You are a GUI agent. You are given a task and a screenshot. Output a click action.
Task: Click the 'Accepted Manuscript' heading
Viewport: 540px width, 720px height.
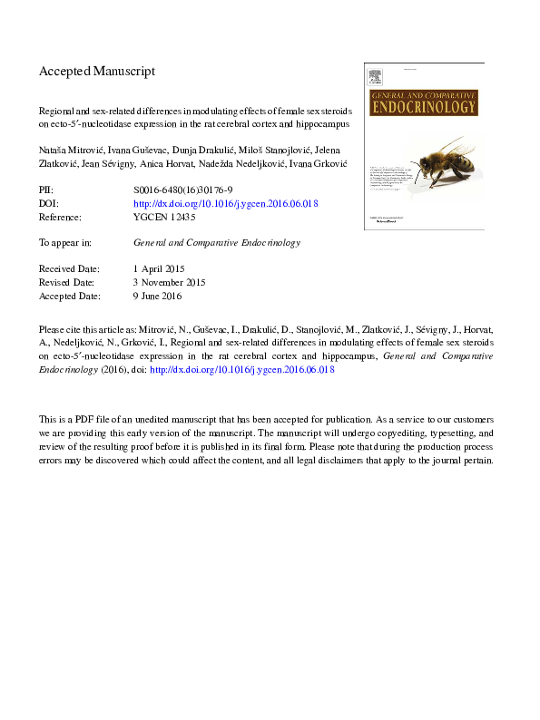(x=97, y=71)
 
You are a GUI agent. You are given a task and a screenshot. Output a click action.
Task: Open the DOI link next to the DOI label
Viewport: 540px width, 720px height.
(x=225, y=205)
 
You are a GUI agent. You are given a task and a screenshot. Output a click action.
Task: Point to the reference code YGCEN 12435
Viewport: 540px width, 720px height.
(x=164, y=218)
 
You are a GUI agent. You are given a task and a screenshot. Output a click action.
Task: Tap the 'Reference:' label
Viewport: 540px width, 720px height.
(x=62, y=218)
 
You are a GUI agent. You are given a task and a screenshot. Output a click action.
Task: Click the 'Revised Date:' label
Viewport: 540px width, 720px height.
(x=70, y=283)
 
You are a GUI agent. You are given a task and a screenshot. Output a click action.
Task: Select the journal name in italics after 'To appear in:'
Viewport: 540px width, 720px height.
(x=217, y=243)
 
